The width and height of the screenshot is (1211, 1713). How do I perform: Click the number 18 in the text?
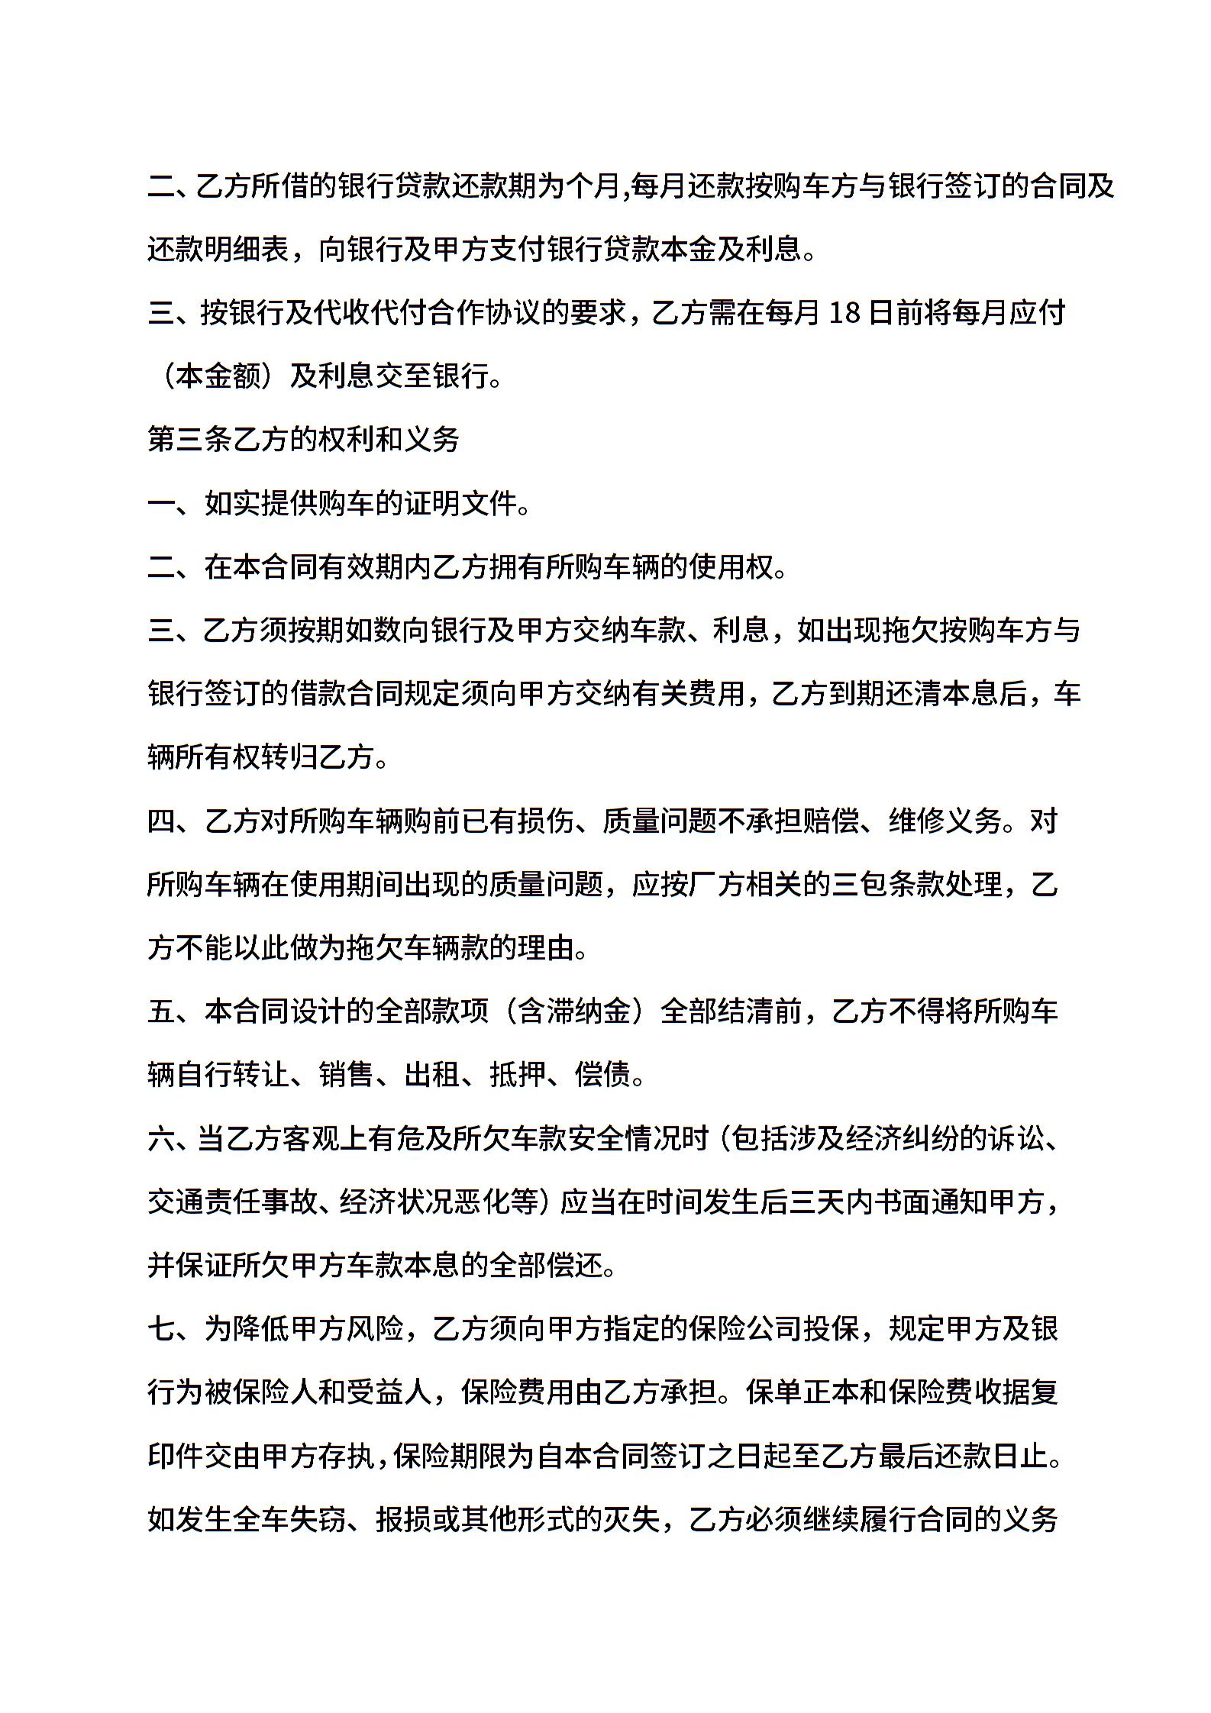844,313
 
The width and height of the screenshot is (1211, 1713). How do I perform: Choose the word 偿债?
602,1076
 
